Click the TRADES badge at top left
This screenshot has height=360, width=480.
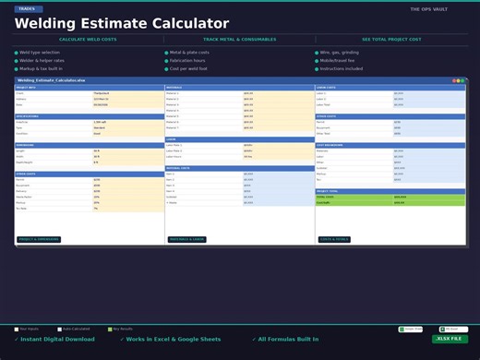tap(27, 8)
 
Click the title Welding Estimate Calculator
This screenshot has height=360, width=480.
tap(122, 23)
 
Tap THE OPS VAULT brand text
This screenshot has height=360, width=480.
tap(428, 9)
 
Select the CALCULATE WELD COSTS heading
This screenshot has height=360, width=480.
tap(88, 40)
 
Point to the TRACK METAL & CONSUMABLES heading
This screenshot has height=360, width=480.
tap(239, 40)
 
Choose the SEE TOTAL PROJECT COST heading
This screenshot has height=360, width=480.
tap(390, 40)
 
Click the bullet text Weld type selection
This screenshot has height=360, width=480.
tap(39, 53)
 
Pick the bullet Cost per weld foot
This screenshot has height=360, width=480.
tap(188, 68)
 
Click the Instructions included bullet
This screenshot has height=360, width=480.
tap(342, 68)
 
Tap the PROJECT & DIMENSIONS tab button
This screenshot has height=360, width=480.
tap(39, 239)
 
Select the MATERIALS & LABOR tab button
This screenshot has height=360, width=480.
tap(186, 239)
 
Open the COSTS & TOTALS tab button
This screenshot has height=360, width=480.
tap(334, 239)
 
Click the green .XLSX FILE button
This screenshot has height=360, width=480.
tap(450, 339)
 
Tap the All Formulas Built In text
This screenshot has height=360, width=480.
tap(288, 339)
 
